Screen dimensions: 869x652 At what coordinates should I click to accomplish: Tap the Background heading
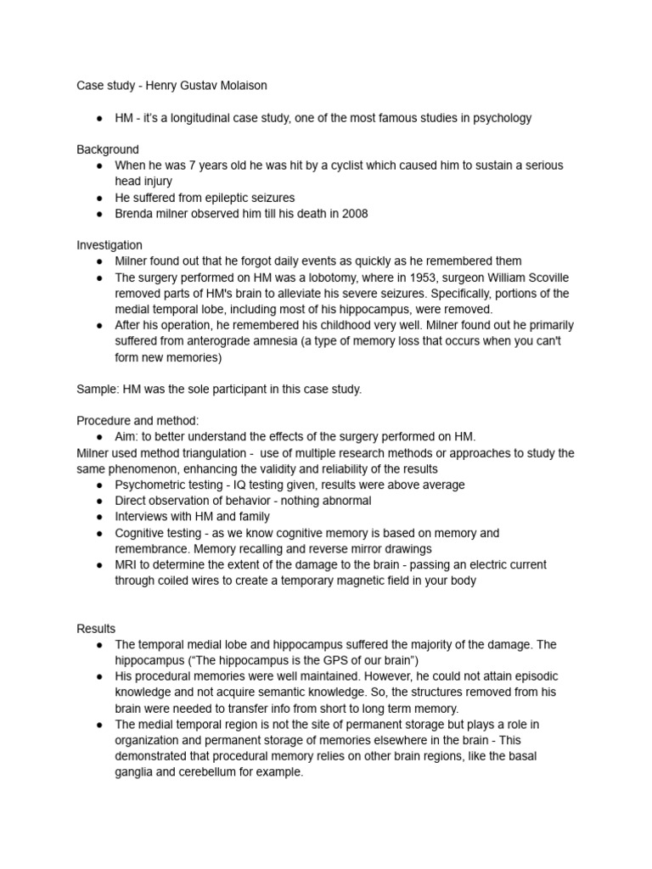pos(107,149)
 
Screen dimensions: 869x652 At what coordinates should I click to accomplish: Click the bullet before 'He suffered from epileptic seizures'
pos(100,198)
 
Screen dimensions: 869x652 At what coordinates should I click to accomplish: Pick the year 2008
pos(354,214)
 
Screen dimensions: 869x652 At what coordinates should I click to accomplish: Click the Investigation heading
pos(110,245)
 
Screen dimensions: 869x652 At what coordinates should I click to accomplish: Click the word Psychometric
pos(152,485)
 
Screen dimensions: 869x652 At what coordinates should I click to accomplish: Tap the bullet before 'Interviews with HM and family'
pos(100,517)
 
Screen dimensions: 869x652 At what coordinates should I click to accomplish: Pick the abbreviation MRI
pos(128,564)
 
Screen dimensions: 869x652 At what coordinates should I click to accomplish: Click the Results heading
pos(95,629)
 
